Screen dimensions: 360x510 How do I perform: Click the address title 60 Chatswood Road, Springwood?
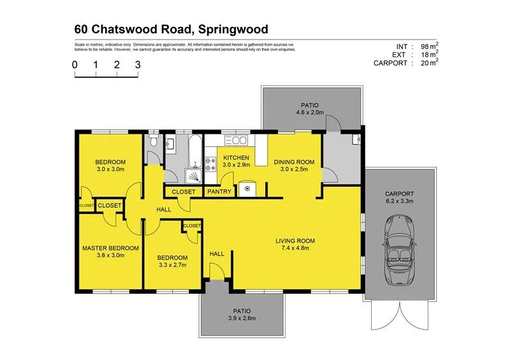point(171,29)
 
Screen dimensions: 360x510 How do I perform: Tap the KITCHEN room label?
point(235,158)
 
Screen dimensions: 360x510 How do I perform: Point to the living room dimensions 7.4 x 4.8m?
point(295,248)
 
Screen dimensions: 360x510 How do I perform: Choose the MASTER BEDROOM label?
point(110,248)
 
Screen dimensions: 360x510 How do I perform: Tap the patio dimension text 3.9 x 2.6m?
point(241,319)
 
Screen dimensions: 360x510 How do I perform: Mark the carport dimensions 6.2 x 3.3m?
point(400,202)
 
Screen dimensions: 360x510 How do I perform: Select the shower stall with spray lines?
point(191,175)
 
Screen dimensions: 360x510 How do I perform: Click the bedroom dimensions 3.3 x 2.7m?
point(173,265)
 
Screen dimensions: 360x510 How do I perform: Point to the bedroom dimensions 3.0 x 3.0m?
point(110,169)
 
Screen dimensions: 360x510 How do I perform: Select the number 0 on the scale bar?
point(75,64)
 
